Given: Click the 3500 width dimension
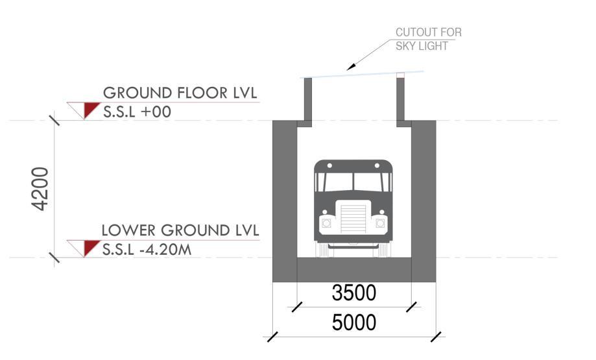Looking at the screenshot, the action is pos(353,293).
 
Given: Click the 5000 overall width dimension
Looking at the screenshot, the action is pos(353,322).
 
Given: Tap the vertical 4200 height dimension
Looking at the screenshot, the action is pos(41,189).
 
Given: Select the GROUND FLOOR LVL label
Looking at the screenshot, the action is pos(180,93).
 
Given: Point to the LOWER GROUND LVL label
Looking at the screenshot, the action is pos(180,230).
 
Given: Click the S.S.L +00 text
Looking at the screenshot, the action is pos(137,112).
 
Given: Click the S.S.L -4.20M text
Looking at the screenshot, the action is pos(147,249).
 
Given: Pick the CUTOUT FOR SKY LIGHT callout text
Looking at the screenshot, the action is pos(429,38).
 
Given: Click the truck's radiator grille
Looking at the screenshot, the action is pos(353,220).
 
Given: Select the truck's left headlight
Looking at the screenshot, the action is pos(326,223).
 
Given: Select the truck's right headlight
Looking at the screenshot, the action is pos(379,223).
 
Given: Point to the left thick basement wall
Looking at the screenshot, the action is pos(284,195).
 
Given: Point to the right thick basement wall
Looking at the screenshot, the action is pos(423,195).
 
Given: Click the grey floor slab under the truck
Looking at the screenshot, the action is pos(353,269).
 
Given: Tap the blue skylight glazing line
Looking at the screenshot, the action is pos(363,74).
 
